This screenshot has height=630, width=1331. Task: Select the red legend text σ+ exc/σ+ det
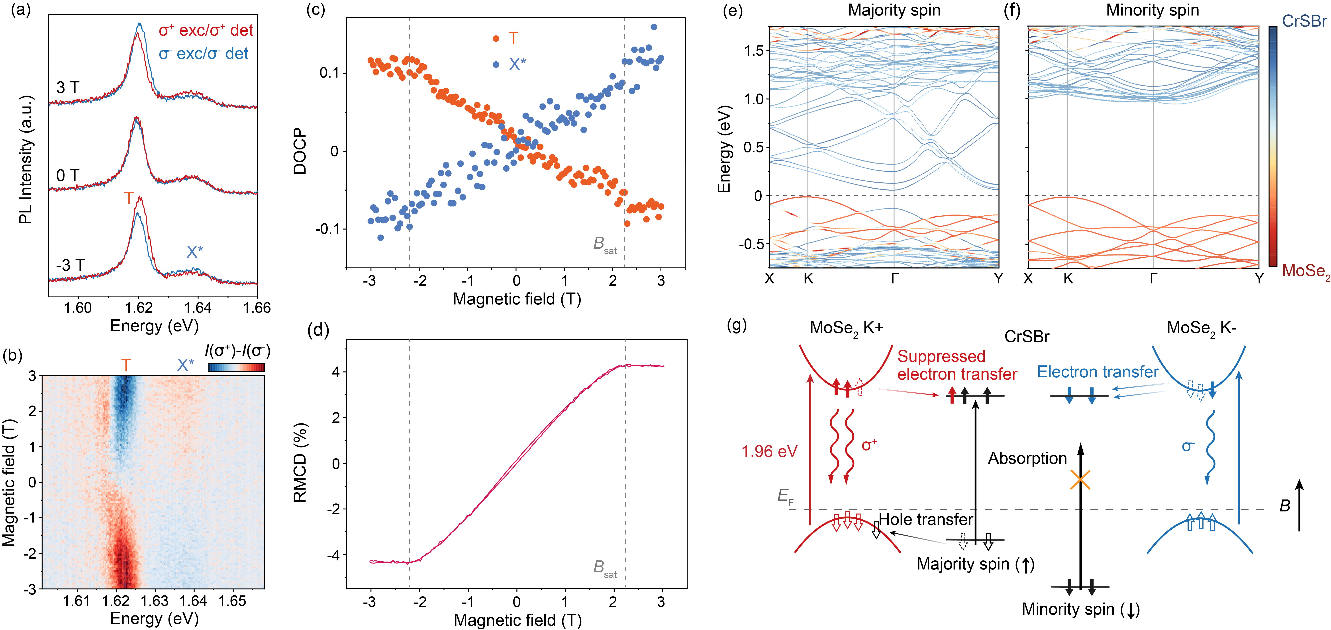click(206, 30)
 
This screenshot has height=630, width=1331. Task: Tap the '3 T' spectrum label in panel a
click(68, 87)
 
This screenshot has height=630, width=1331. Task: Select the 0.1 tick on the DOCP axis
click(329, 73)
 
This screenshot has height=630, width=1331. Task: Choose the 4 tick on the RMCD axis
click(336, 372)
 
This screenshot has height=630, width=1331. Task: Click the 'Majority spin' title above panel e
click(894, 10)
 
